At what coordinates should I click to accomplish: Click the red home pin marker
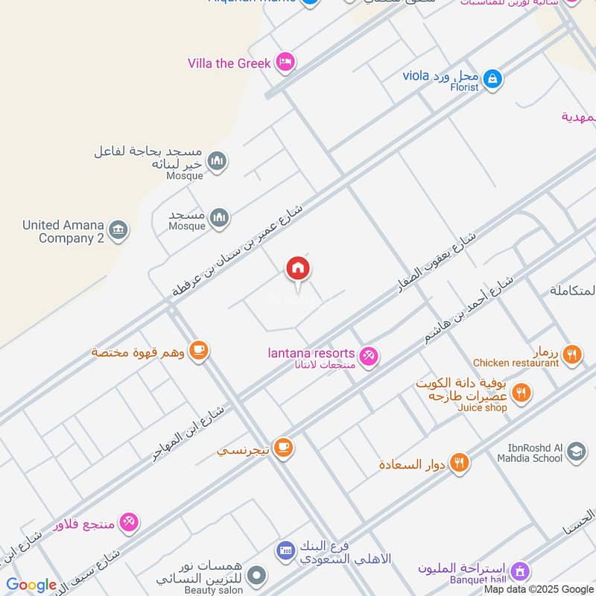298,269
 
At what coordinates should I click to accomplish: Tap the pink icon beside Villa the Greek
284,63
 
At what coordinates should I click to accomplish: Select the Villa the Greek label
229,63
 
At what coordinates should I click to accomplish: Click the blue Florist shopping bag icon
492,78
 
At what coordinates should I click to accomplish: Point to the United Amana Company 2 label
63,232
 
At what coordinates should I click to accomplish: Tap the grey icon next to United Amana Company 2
118,230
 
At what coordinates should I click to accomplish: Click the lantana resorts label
311,353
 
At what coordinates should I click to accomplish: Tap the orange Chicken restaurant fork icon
572,354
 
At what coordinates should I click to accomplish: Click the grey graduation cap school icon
576,451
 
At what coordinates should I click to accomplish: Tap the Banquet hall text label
478,580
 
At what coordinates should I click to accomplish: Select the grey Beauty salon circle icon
256,575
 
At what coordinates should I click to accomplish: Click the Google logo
31,585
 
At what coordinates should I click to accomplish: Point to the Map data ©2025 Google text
538,589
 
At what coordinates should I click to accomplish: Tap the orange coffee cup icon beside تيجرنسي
282,448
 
